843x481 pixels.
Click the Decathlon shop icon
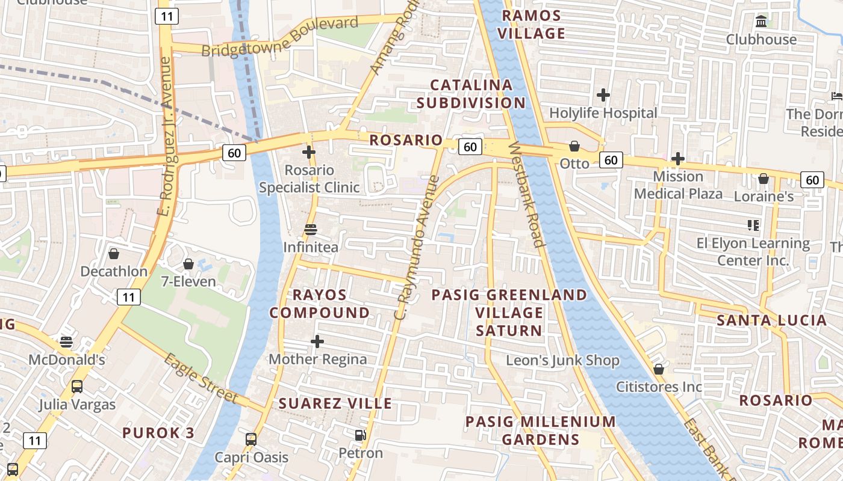point(114,254)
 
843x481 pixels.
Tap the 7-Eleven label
point(188,281)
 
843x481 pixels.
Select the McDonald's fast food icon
point(66,342)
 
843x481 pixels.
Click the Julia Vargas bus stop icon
point(77,387)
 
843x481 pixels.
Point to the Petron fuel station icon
point(360,435)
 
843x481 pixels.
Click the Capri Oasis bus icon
point(251,440)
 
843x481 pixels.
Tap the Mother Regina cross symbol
point(317,342)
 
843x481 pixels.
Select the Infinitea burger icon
point(311,230)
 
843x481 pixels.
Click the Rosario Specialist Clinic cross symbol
point(309,152)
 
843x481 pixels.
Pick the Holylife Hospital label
point(603,113)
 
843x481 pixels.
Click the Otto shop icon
point(574,146)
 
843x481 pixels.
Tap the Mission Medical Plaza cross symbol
point(678,159)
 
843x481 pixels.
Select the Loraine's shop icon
point(764,179)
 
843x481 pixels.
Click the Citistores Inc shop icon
point(659,369)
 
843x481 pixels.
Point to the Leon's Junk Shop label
point(562,361)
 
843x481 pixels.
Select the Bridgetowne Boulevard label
point(279,37)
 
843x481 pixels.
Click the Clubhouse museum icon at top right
point(761,22)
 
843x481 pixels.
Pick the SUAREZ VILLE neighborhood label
point(335,403)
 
